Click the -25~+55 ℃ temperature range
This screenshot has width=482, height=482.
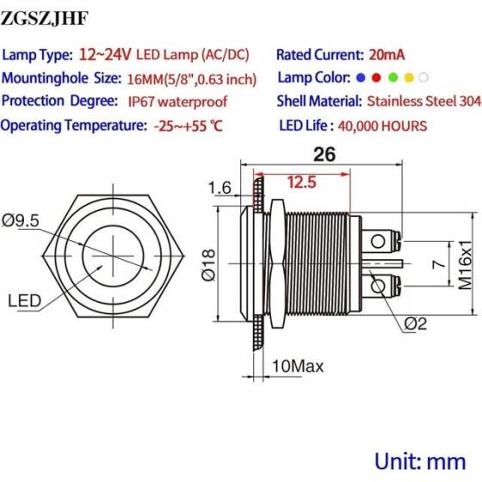point(188,126)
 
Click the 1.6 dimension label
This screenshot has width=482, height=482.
point(219,188)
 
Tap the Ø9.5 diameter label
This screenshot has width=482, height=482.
point(21,220)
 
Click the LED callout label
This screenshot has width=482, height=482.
point(25,300)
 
